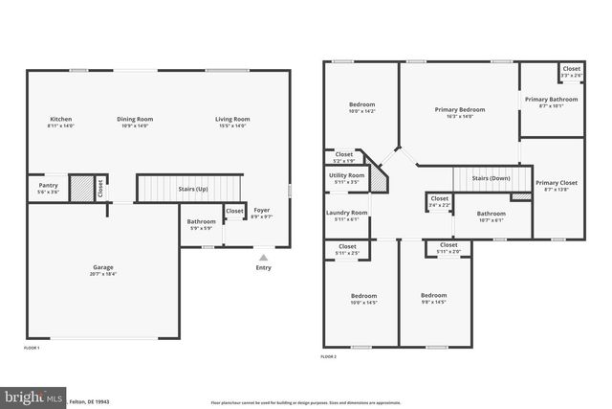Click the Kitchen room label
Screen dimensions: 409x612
[61, 119]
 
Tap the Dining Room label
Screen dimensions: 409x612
[135, 119]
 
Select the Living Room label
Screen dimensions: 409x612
[231, 119]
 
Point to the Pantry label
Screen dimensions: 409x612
[48, 185]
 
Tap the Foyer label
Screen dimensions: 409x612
[261, 209]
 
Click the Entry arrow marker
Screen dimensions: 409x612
[263, 257]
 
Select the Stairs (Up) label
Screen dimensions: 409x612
[194, 190]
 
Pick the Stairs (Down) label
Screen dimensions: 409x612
[491, 178]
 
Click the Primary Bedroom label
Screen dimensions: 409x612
[460, 110]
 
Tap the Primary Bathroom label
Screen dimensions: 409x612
[550, 100]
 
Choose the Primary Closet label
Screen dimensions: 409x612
[556, 183]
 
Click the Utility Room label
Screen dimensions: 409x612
[346, 176]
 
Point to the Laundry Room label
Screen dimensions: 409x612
[346, 213]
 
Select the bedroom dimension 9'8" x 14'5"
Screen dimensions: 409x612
[434, 304]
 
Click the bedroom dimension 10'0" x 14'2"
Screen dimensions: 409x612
[361, 112]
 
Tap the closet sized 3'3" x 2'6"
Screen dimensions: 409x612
[571, 72]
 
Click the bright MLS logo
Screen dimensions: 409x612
[33, 396]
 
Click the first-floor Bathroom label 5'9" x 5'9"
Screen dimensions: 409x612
[202, 225]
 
